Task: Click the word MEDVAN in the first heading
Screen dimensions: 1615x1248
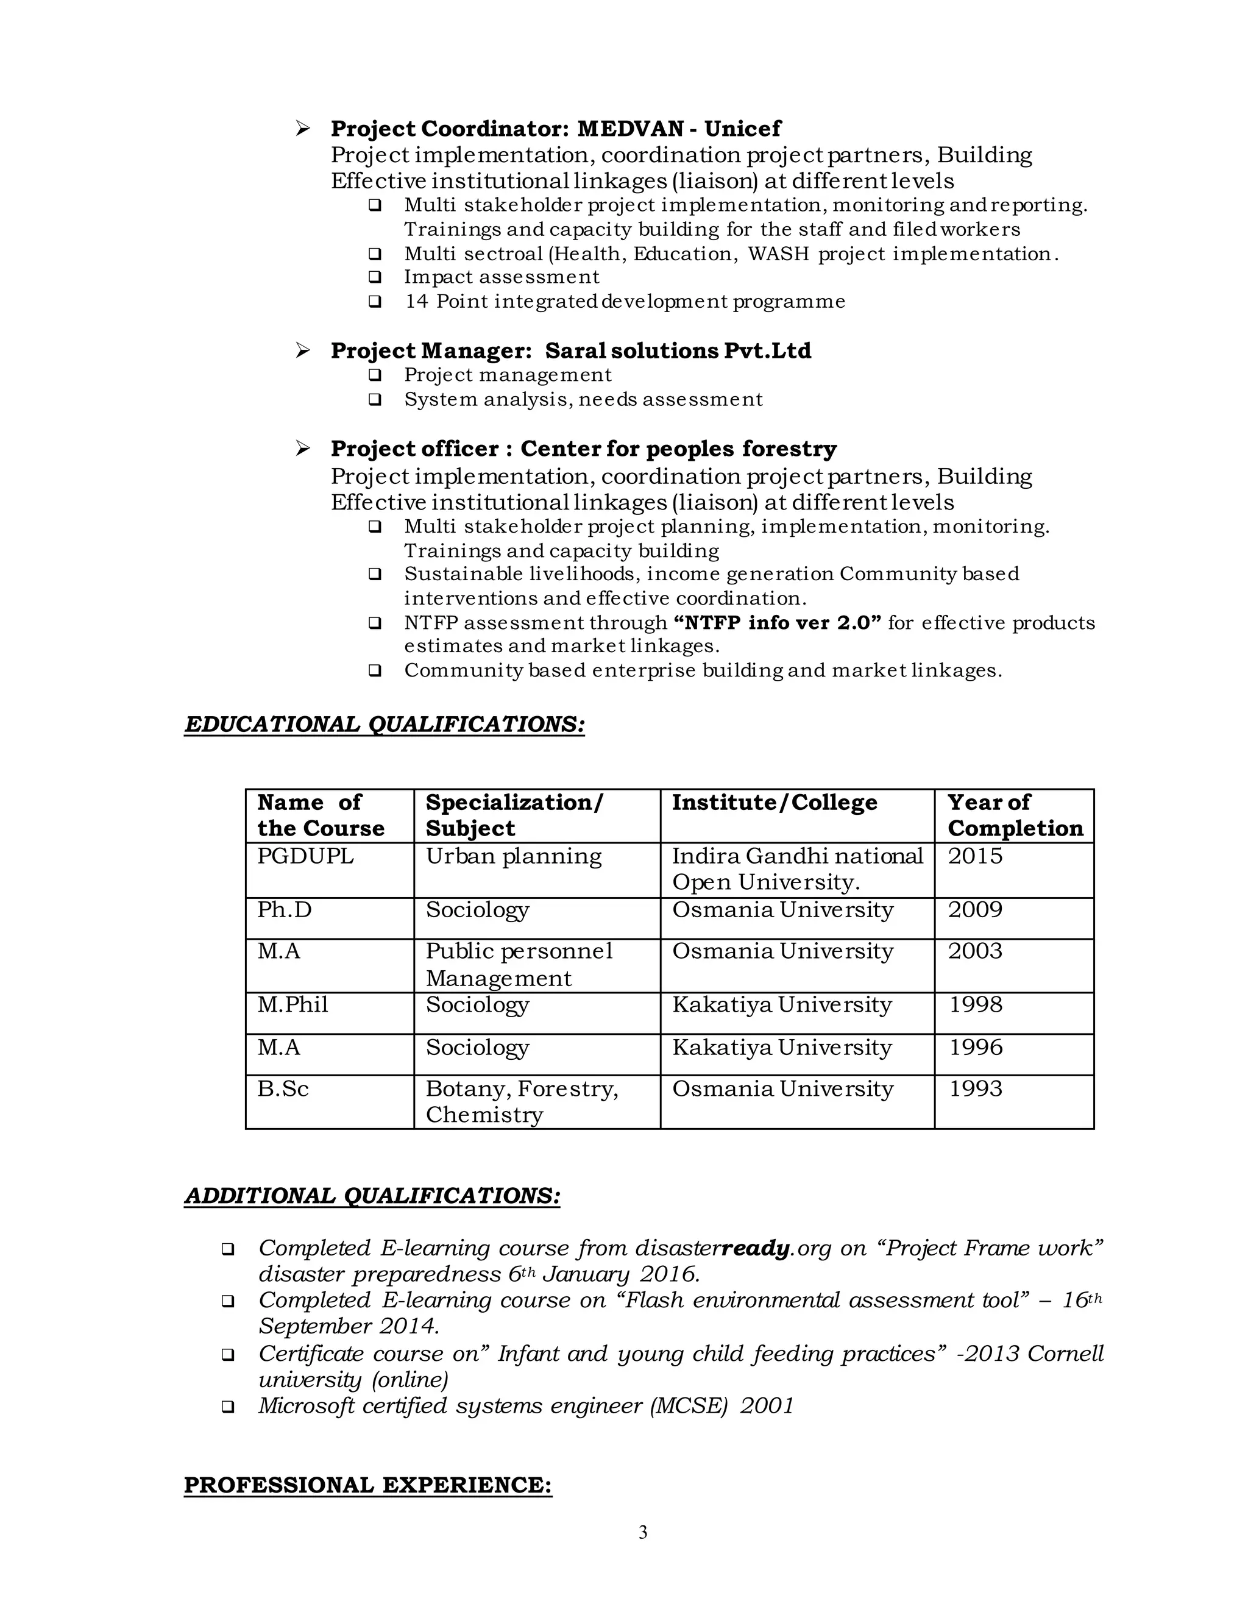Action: [x=630, y=129]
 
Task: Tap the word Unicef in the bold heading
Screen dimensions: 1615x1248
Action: [x=742, y=129]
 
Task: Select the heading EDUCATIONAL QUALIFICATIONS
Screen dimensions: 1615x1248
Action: [x=385, y=724]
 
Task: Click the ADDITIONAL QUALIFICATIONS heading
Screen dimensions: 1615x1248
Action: [x=372, y=1196]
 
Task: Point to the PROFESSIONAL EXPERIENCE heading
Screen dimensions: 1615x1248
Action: [x=367, y=1485]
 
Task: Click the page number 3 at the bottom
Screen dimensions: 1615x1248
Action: [x=642, y=1532]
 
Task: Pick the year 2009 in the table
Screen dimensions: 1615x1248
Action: [x=975, y=909]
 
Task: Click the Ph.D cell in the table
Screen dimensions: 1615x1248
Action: [x=285, y=909]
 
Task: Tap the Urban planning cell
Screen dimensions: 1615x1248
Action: [x=513, y=856]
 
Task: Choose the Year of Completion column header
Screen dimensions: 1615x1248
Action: [x=1015, y=815]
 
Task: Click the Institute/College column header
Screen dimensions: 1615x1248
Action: [x=774, y=803]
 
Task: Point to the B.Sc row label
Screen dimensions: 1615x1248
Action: [x=283, y=1088]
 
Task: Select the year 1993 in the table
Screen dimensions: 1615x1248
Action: [x=975, y=1088]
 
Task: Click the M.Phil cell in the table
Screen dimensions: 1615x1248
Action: [x=292, y=1004]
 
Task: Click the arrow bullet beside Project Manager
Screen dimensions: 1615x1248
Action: [x=302, y=350]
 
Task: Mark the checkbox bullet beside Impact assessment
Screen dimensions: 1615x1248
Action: [x=375, y=277]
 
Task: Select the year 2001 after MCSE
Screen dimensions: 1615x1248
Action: [x=767, y=1406]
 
